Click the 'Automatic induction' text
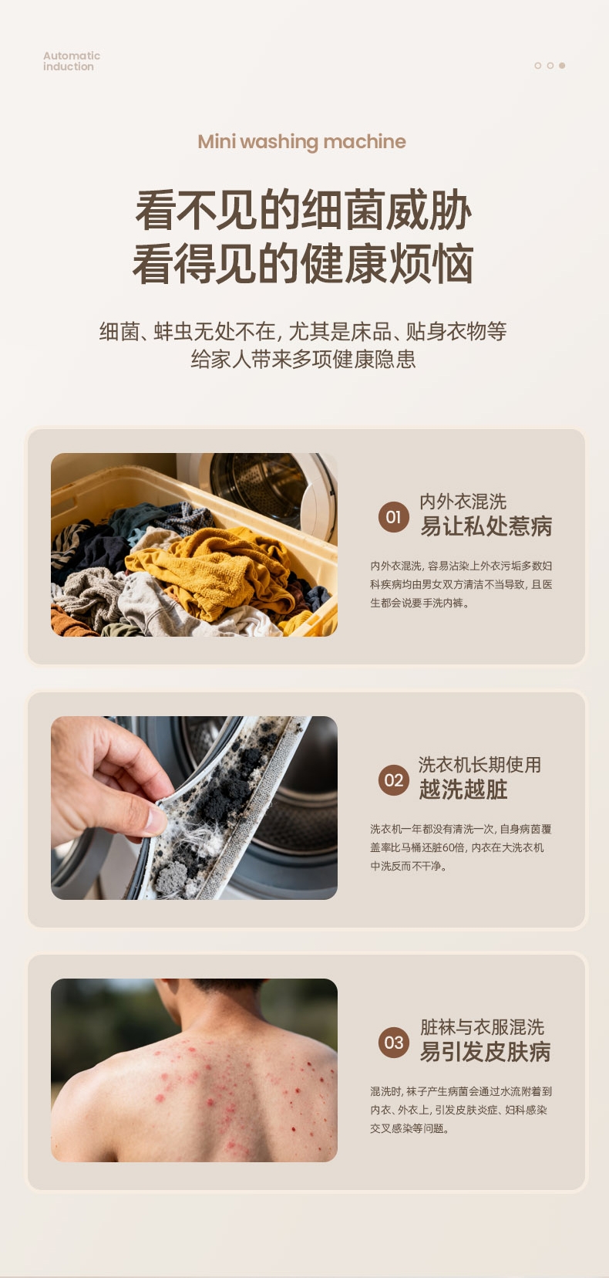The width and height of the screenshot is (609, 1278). coord(71,61)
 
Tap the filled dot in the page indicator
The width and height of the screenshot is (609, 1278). coord(562,66)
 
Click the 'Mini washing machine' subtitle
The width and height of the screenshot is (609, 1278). coord(302,141)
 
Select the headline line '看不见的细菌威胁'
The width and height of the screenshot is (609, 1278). coord(303,210)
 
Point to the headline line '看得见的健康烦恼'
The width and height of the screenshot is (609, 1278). coord(303,263)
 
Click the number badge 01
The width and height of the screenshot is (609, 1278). coord(394,517)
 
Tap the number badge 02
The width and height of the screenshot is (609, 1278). coord(394,780)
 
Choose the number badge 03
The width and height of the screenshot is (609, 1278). coord(394,1043)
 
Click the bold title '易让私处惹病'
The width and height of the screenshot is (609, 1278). coord(486,526)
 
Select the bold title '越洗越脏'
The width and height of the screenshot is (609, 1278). coord(463,789)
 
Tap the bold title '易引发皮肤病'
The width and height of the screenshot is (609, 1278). coord(486,1052)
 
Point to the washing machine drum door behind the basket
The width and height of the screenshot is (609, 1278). coord(267,491)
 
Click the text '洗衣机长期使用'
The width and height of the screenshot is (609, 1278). coord(479,765)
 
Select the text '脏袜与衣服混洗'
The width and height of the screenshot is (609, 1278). coord(482,1027)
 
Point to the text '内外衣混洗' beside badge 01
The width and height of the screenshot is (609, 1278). coord(463,502)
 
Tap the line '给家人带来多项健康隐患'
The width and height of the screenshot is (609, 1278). coord(303,360)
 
